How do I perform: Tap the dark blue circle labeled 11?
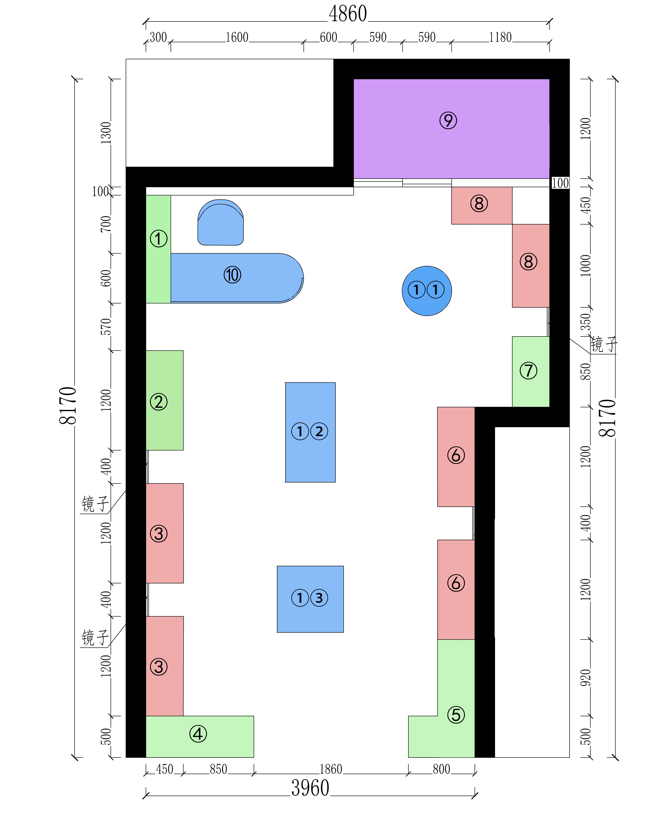click(427, 291)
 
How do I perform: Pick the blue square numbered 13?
click(310, 599)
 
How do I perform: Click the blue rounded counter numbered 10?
click(237, 278)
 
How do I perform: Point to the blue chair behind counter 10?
click(221, 222)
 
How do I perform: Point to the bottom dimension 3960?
click(310, 788)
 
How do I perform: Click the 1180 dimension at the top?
click(500, 37)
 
